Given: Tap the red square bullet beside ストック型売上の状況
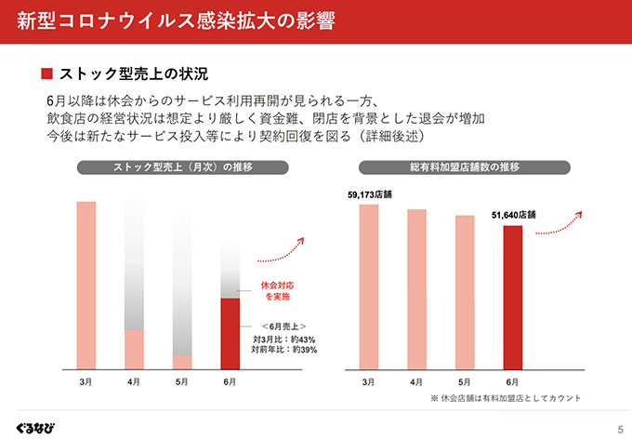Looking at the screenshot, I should pyautogui.click(x=47, y=73).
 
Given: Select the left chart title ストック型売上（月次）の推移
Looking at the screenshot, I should pyautogui.click(x=183, y=167).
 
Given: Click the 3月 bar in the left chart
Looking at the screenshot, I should pyautogui.click(x=86, y=284).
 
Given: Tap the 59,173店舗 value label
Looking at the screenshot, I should pyautogui.click(x=369, y=195).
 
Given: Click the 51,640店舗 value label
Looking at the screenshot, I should pyautogui.click(x=515, y=215).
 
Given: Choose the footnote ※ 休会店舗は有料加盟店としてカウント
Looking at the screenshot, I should pyautogui.click(x=506, y=397).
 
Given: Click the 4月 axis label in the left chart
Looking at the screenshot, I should pyautogui.click(x=134, y=381).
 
